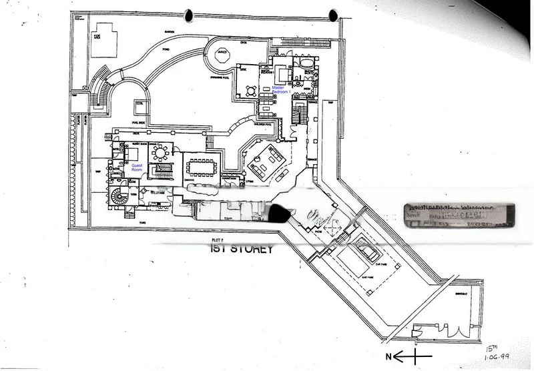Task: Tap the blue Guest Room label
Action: [x=137, y=167]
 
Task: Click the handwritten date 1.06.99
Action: [x=493, y=357]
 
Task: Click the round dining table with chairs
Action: [x=160, y=153]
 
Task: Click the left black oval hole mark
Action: [x=190, y=14]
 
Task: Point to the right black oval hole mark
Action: [x=333, y=14]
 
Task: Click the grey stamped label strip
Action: [x=458, y=216]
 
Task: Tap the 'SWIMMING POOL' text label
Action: [x=226, y=81]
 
